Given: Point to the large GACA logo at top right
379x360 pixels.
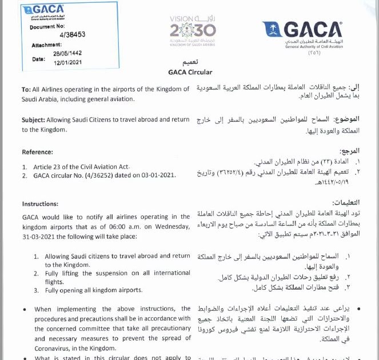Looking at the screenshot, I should coord(302,33).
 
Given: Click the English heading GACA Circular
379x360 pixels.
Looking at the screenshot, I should coord(190,73).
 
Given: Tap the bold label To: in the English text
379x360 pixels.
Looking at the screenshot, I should coord(26,89).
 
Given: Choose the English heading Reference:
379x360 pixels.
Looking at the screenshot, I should coord(38,152).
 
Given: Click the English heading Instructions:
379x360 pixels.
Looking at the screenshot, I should coord(40,203).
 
